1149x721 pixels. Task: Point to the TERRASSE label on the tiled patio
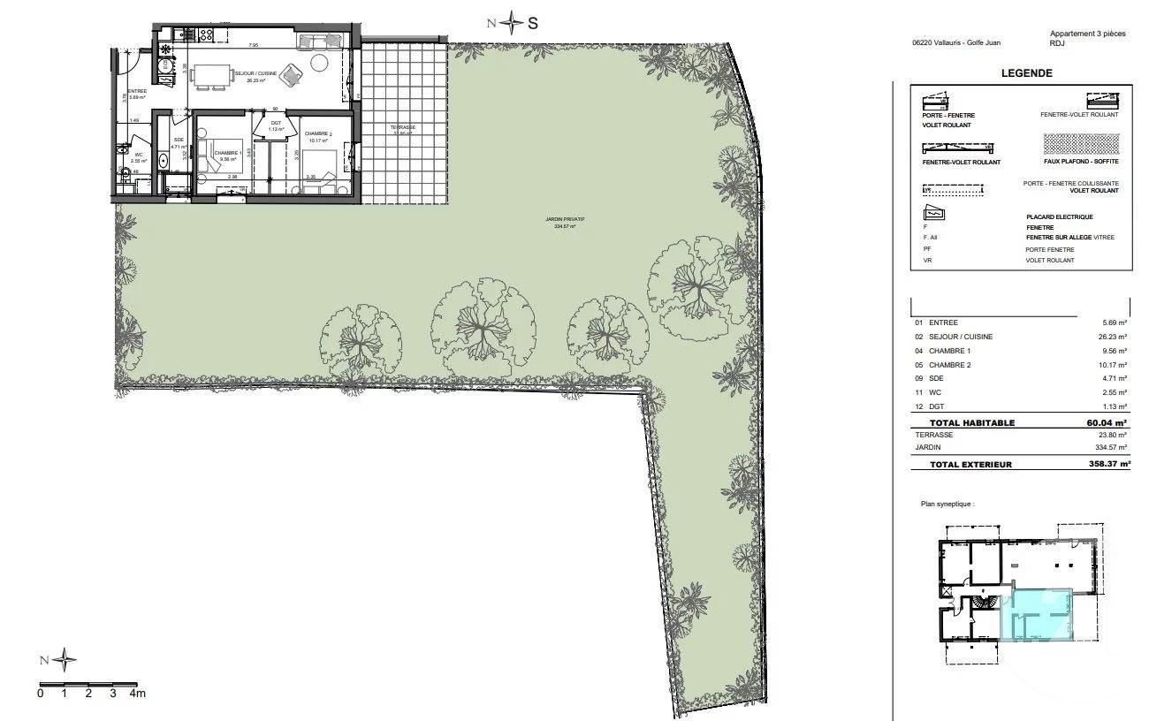pos(403,128)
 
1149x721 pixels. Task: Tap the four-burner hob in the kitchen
pos(207,35)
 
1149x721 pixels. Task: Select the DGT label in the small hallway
pos(275,122)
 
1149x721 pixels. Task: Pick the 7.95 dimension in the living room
pos(253,45)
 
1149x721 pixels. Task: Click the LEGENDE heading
pos(1026,73)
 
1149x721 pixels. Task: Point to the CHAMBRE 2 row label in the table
pos(951,364)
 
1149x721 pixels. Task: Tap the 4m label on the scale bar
pos(138,694)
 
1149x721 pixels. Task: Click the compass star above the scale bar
pos(65,659)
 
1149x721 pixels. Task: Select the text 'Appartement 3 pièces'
pos(1087,33)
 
